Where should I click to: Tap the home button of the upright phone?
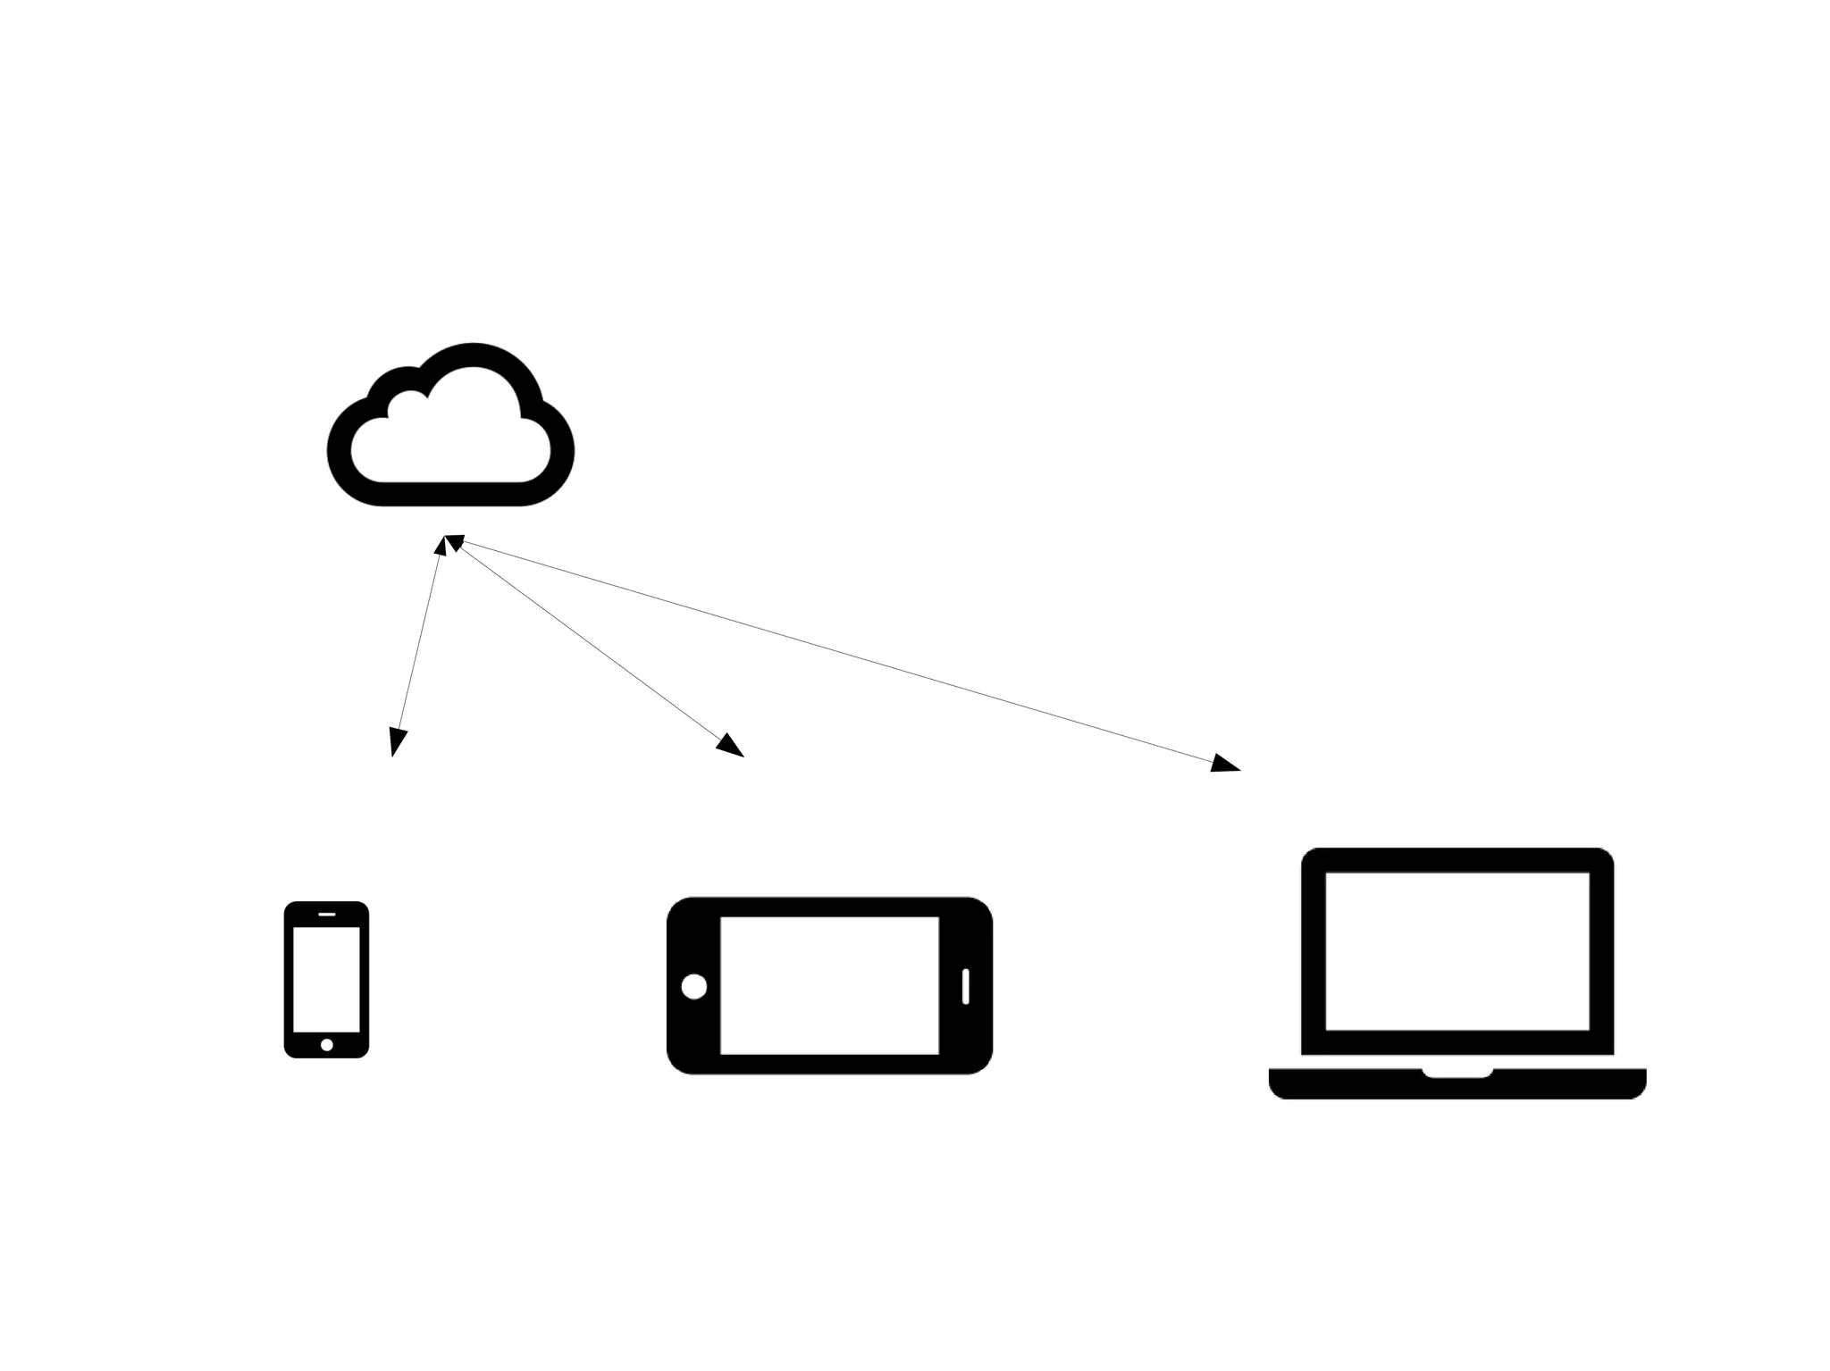tap(326, 1044)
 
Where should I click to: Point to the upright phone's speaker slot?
tap(326, 914)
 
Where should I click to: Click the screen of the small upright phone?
tap(326, 979)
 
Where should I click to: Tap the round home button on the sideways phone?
tap(693, 986)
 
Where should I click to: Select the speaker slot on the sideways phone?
tap(965, 986)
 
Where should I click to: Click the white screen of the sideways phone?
tap(829, 985)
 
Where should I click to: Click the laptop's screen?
tap(1456, 950)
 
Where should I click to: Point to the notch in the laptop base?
tap(1456, 1073)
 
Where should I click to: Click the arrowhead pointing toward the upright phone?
tap(397, 742)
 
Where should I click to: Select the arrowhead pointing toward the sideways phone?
tap(731, 746)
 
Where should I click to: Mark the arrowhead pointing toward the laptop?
tap(1225, 764)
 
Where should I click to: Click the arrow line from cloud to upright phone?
tap(418, 643)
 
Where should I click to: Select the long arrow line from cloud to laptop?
tap(840, 652)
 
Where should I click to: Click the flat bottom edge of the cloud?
tap(450, 494)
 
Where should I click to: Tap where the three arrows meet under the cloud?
tap(447, 541)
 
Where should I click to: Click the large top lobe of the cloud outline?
tap(474, 355)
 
